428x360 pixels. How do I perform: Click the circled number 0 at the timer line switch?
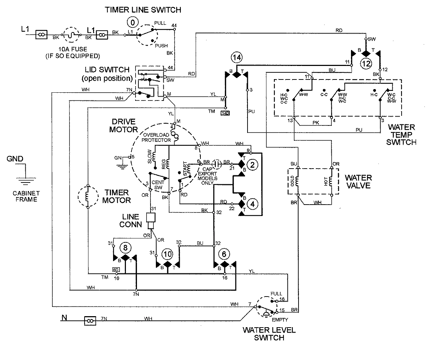[x=133, y=22]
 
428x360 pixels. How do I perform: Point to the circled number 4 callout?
[x=253, y=204]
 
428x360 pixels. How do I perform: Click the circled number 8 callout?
[x=125, y=247]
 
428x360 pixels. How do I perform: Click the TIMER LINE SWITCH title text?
[x=143, y=10]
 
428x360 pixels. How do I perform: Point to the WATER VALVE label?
[x=358, y=181]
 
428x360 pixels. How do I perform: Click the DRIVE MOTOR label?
[x=123, y=125]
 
